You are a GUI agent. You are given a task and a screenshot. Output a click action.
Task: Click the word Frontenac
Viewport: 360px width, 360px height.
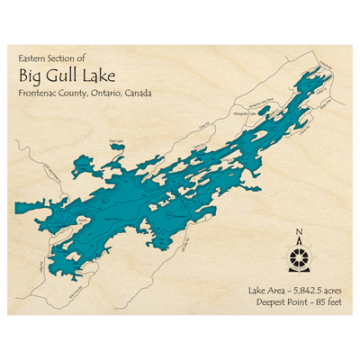click(x=38, y=93)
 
